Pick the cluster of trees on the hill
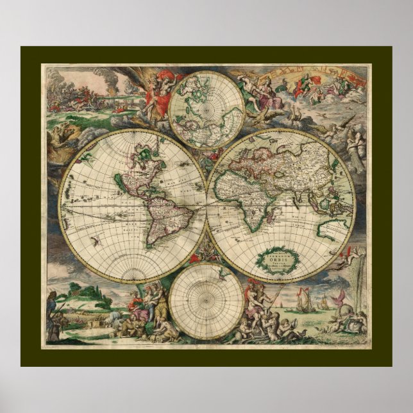pyautogui.click(x=94, y=296)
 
